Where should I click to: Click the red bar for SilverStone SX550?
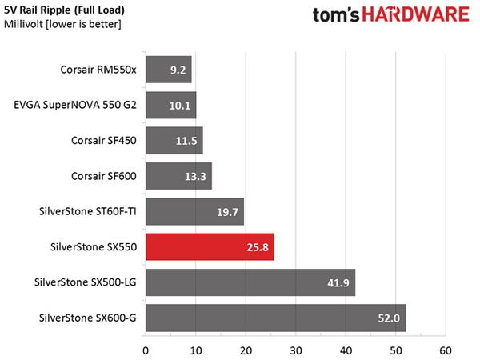coord(210,246)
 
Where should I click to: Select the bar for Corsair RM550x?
coord(169,70)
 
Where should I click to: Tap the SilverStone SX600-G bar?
coord(276,318)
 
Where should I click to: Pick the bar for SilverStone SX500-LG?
coord(250,282)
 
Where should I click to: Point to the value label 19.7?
coord(227,212)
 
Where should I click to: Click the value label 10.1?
coord(180,106)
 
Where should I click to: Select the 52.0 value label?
coord(389,318)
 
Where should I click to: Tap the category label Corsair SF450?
coord(104,141)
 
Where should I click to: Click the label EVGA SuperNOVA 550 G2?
coord(75,105)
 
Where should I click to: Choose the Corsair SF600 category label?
coord(104,176)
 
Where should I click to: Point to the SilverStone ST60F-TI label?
coord(88,211)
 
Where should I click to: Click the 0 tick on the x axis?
coord(146,350)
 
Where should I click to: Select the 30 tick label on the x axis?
coord(296,350)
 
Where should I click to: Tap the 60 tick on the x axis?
coord(446,350)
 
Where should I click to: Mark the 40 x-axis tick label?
coord(346,350)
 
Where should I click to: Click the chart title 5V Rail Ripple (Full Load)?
coord(64,10)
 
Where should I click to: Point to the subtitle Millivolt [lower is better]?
coord(62,24)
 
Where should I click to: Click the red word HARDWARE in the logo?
coord(416,14)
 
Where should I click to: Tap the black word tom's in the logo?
coord(336,15)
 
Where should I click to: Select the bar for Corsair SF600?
coord(178,176)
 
